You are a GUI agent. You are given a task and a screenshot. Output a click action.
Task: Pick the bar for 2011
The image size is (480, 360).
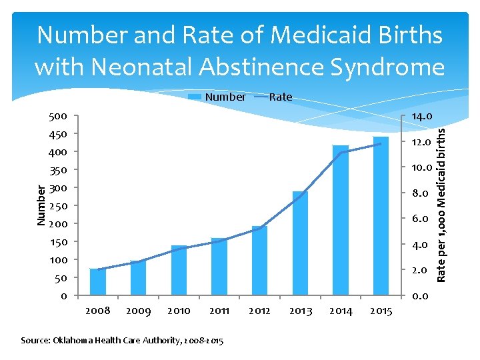click(x=219, y=267)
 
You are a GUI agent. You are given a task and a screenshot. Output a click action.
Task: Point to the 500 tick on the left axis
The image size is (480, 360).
click(x=58, y=116)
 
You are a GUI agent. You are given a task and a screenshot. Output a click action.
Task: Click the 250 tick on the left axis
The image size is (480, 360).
click(x=58, y=206)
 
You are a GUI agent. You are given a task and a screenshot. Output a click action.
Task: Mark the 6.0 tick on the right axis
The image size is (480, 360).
click(x=420, y=219)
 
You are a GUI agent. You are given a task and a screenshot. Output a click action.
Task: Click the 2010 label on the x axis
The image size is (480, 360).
click(x=179, y=311)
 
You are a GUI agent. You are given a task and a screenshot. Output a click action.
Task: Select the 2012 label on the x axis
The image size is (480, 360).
click(x=260, y=311)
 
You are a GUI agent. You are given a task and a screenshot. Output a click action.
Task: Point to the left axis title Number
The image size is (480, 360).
click(x=41, y=205)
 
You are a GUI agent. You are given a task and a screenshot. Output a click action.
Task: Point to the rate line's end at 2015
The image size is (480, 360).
click(x=381, y=144)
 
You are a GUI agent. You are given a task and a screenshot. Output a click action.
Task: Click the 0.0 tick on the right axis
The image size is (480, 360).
click(x=420, y=296)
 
